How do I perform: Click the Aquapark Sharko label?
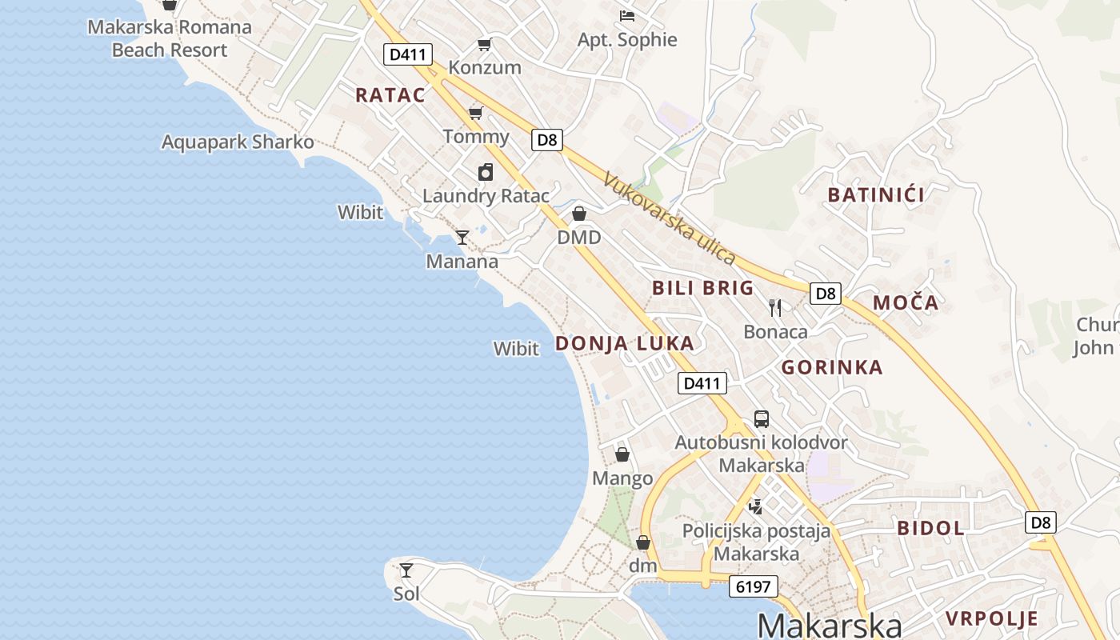(x=238, y=142)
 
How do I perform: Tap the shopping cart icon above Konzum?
(x=484, y=44)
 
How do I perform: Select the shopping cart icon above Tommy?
(x=476, y=113)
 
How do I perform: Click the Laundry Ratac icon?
(x=486, y=172)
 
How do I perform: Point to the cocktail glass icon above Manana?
(x=462, y=238)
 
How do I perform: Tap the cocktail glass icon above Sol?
(x=406, y=570)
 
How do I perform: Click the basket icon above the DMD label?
(x=579, y=214)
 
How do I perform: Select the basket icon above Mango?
(x=622, y=455)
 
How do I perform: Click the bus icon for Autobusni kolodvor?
(x=762, y=419)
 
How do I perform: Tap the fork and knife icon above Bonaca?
(x=775, y=308)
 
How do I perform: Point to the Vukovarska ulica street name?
(x=670, y=218)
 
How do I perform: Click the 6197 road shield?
(x=754, y=586)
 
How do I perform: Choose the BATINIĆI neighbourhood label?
(x=876, y=194)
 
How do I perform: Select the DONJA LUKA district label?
(x=625, y=344)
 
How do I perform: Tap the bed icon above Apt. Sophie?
(x=627, y=15)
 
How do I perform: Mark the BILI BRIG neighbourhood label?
(x=703, y=288)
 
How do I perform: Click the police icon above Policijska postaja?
(x=755, y=506)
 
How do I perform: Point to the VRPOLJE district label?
(x=992, y=618)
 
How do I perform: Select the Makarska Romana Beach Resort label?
(x=170, y=38)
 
